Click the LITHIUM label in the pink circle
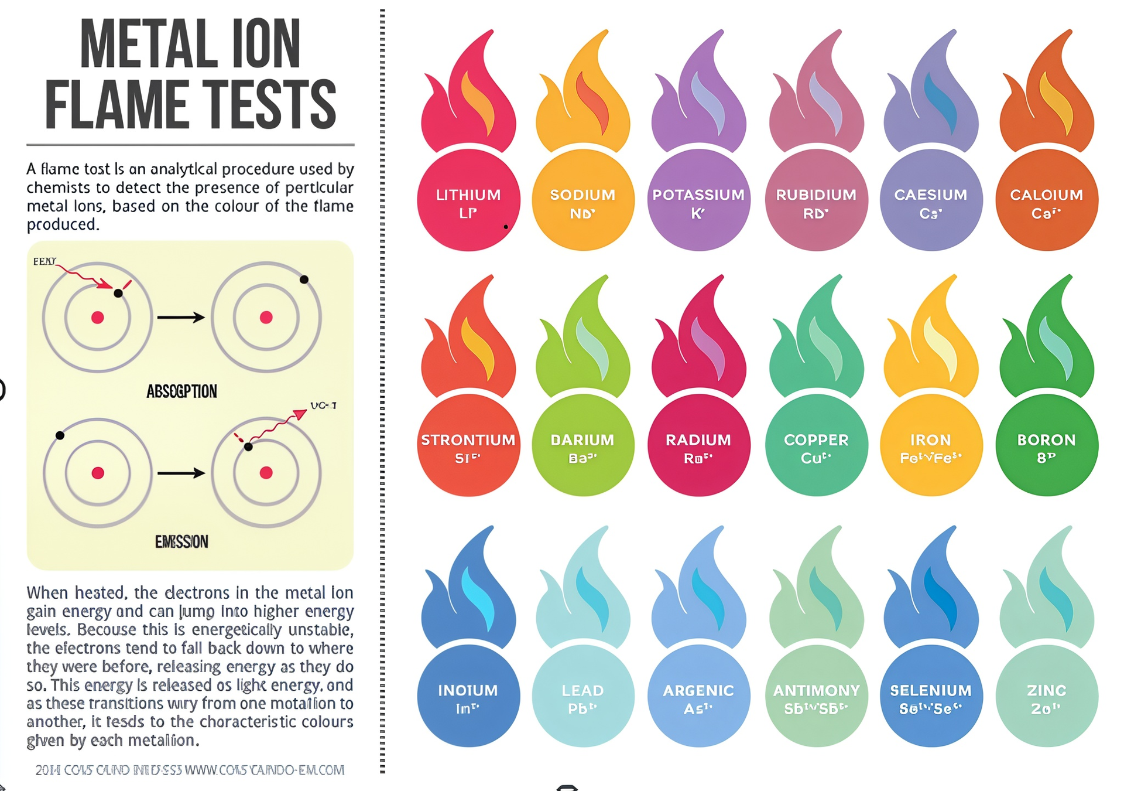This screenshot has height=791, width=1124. (x=468, y=195)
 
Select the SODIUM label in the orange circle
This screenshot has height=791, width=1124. (x=582, y=195)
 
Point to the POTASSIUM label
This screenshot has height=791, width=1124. (x=698, y=195)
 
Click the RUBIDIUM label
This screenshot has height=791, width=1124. (x=816, y=195)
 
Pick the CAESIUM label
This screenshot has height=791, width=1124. (x=931, y=195)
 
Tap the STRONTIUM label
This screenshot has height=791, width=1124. (x=468, y=440)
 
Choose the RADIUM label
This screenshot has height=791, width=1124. (x=698, y=440)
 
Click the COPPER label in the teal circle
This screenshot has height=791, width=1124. (x=816, y=440)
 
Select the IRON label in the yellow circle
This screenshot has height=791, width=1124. (x=931, y=440)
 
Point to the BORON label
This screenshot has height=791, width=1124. (x=1047, y=440)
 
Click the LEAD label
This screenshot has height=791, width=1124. (x=582, y=691)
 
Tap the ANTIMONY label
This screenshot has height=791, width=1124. (x=816, y=691)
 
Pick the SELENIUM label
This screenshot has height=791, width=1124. (x=931, y=691)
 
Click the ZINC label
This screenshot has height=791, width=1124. (x=1047, y=691)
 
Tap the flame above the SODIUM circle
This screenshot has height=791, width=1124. (x=582, y=100)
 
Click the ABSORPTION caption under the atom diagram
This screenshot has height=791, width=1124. (x=181, y=391)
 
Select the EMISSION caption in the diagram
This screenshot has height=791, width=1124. (x=181, y=542)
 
